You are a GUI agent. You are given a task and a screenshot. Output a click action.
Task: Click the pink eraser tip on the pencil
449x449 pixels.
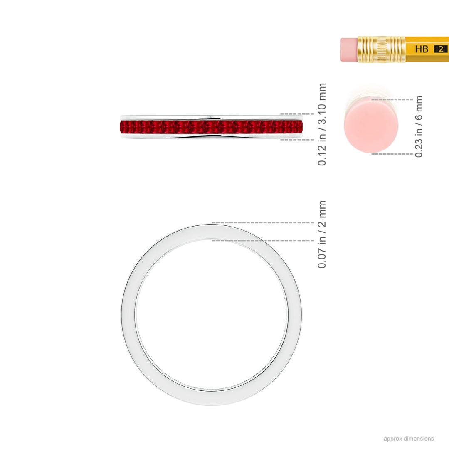pos(348,49)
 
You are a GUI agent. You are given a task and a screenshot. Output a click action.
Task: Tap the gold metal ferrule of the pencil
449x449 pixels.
pos(381,49)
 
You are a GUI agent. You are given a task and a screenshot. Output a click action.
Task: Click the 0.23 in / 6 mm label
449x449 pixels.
pos(419,126)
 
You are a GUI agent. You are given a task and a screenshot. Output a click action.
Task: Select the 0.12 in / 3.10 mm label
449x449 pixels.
pos(322,124)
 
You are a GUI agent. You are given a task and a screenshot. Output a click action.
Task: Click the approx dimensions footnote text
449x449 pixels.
pos(408,439)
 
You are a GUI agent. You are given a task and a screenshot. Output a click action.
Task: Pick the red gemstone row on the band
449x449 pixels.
pos(211,127)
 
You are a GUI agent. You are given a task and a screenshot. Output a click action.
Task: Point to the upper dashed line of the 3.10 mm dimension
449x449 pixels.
pos(297,114)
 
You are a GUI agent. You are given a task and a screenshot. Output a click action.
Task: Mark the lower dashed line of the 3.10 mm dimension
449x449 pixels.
pos(297,140)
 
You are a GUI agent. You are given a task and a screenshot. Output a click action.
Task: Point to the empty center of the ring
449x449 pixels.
pos(211,315)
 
